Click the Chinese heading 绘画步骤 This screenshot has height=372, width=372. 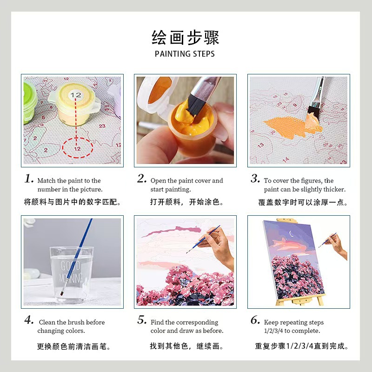185,37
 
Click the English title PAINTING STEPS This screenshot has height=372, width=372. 185,54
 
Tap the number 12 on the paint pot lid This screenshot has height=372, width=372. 75,95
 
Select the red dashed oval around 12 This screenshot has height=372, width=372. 77,148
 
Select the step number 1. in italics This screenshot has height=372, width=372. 29,179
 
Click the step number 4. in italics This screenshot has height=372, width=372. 29,320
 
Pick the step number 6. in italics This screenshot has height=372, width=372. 255,320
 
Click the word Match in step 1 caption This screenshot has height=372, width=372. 46,181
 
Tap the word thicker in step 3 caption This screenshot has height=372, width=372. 335,190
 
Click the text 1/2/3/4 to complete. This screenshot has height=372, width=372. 292,331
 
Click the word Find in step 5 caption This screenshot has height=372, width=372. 157,322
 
